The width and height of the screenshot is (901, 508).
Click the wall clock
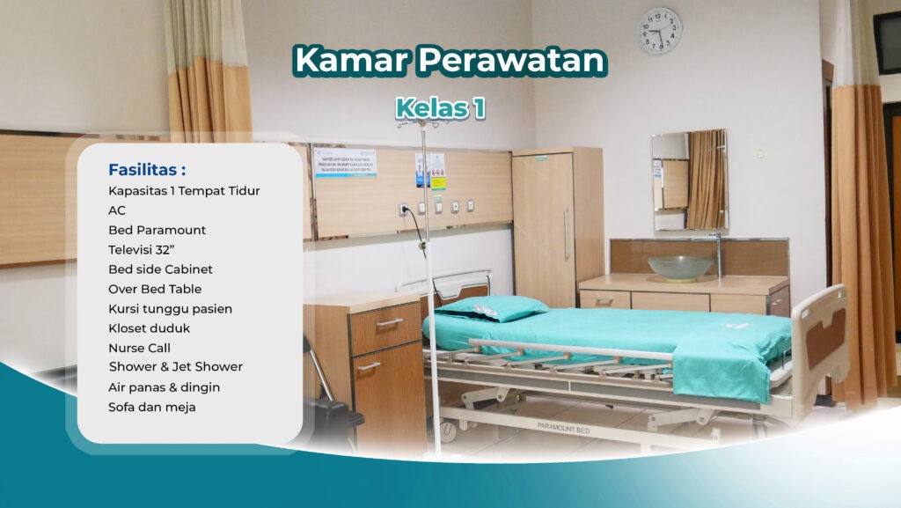tap(659, 32)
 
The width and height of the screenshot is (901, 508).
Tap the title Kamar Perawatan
tap(450, 60)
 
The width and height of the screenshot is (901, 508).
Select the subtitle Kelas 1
tap(440, 108)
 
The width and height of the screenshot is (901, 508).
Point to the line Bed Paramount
tap(157, 230)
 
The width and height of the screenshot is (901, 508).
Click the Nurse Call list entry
tap(139, 348)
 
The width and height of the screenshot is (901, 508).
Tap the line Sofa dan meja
tap(151, 407)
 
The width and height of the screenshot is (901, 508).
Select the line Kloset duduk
tap(149, 328)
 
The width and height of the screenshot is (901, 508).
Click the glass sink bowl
tap(680, 268)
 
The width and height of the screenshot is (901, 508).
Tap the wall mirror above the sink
tap(689, 180)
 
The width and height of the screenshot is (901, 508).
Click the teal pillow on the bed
tap(493, 308)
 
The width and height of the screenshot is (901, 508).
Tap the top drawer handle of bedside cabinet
tap(389, 323)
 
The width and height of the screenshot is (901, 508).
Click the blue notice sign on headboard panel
tap(346, 163)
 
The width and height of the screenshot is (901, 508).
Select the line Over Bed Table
tap(154, 289)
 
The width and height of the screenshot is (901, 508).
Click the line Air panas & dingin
tap(164, 387)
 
